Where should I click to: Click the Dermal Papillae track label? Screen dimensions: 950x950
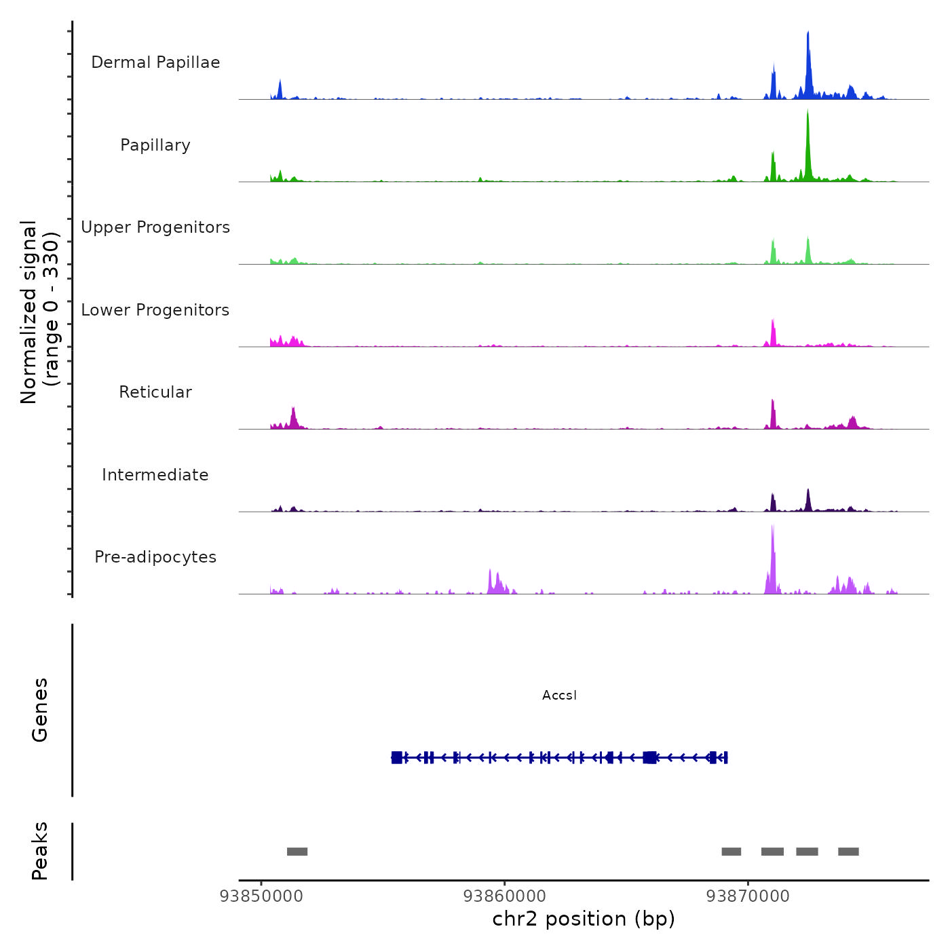coord(155,62)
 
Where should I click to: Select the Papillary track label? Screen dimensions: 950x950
coord(155,145)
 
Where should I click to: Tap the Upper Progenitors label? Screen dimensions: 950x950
coord(155,227)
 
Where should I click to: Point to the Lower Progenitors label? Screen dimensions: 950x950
coord(155,310)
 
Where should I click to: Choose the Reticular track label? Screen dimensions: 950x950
coord(155,392)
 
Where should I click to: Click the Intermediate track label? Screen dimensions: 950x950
coord(155,475)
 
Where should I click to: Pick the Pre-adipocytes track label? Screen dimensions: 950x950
coord(155,557)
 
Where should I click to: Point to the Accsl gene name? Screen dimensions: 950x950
coord(559,696)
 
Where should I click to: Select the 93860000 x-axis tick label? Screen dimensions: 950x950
coord(505,896)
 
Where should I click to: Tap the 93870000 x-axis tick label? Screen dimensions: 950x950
coord(748,896)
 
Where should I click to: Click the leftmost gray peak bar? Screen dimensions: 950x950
coord(297,852)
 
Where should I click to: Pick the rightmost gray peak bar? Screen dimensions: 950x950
coord(848,852)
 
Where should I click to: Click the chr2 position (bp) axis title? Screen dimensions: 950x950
coord(584,919)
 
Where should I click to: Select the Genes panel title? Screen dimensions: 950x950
coord(40,710)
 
